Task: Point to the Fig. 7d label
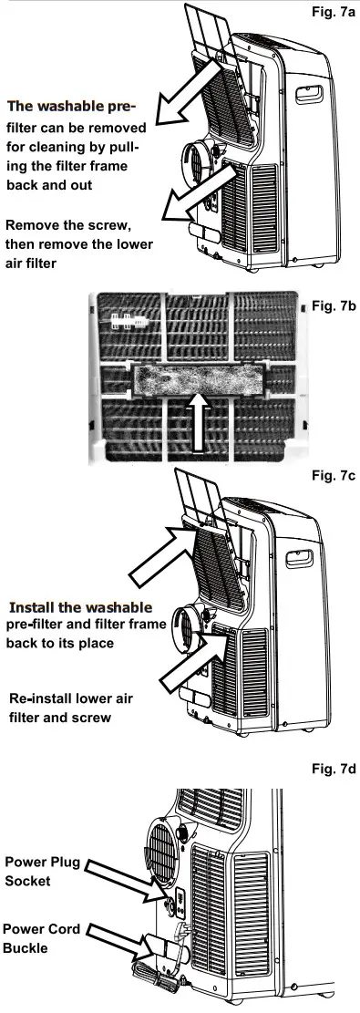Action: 329,770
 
